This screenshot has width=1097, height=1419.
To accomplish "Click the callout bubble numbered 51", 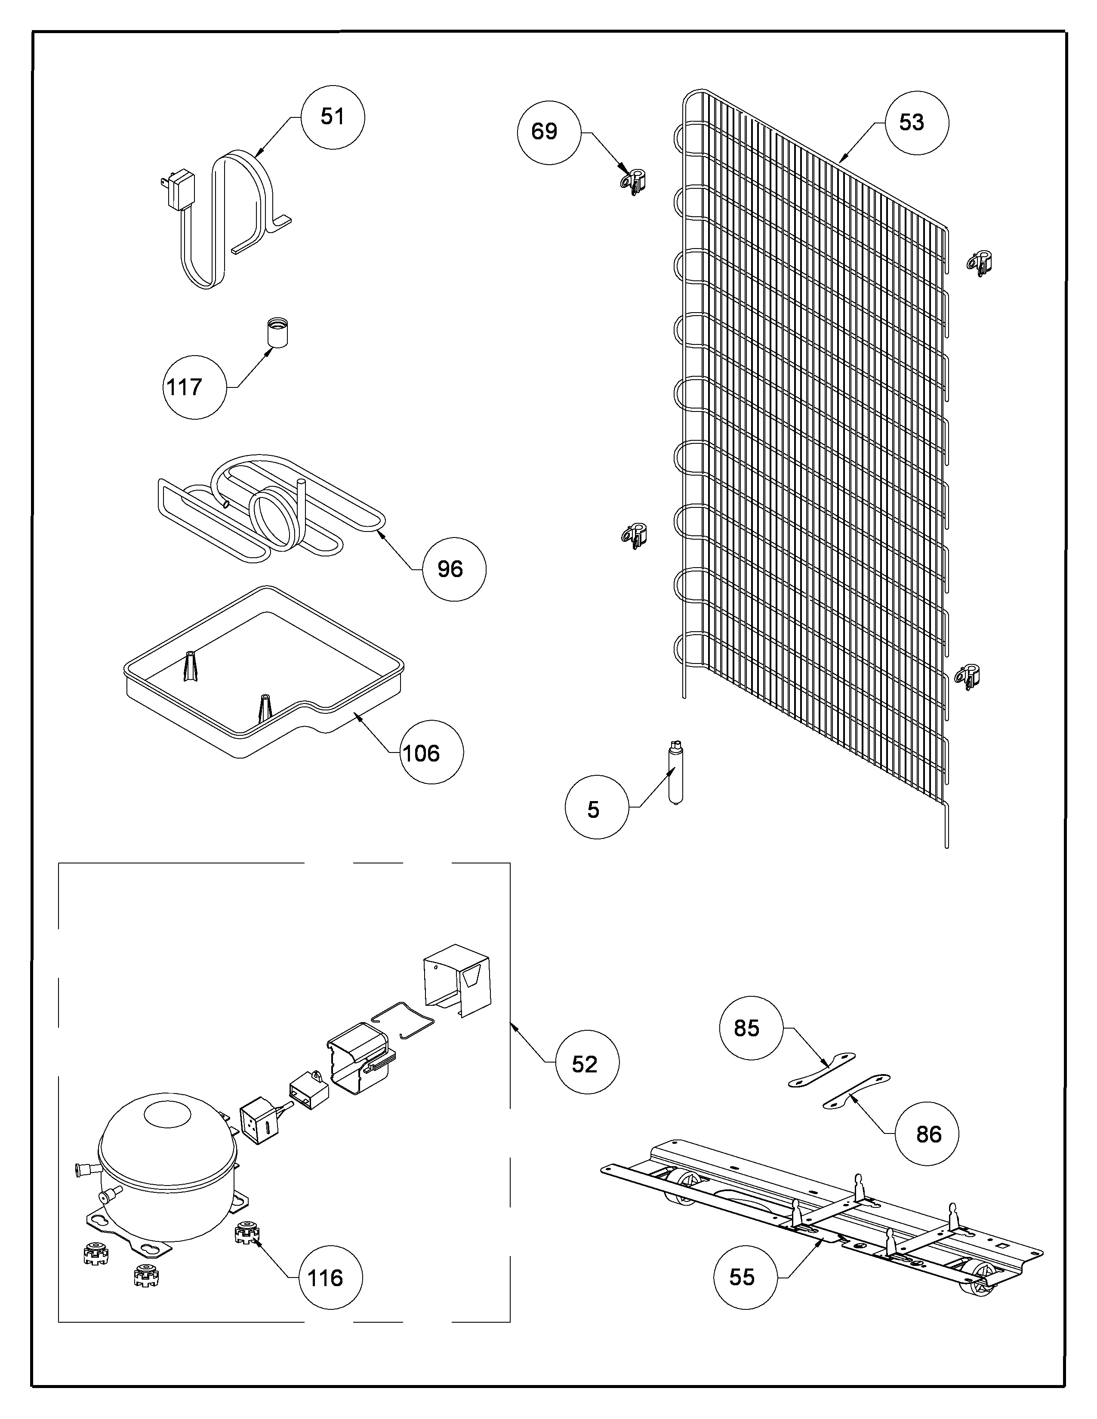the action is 333,117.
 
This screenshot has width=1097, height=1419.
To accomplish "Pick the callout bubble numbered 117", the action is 194,387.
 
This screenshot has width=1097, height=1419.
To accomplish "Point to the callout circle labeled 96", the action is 453,569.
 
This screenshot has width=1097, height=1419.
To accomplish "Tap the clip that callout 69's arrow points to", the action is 634,182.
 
